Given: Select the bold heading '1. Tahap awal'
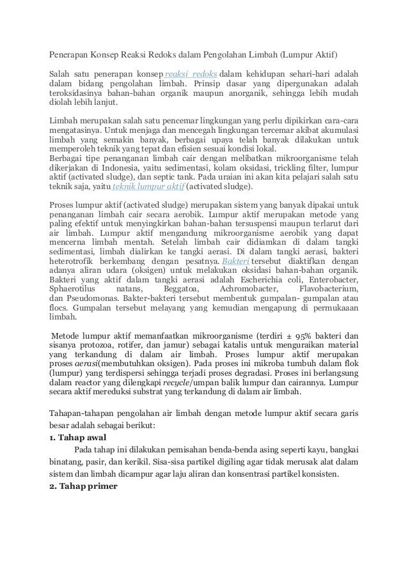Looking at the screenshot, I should click(x=77, y=438).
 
